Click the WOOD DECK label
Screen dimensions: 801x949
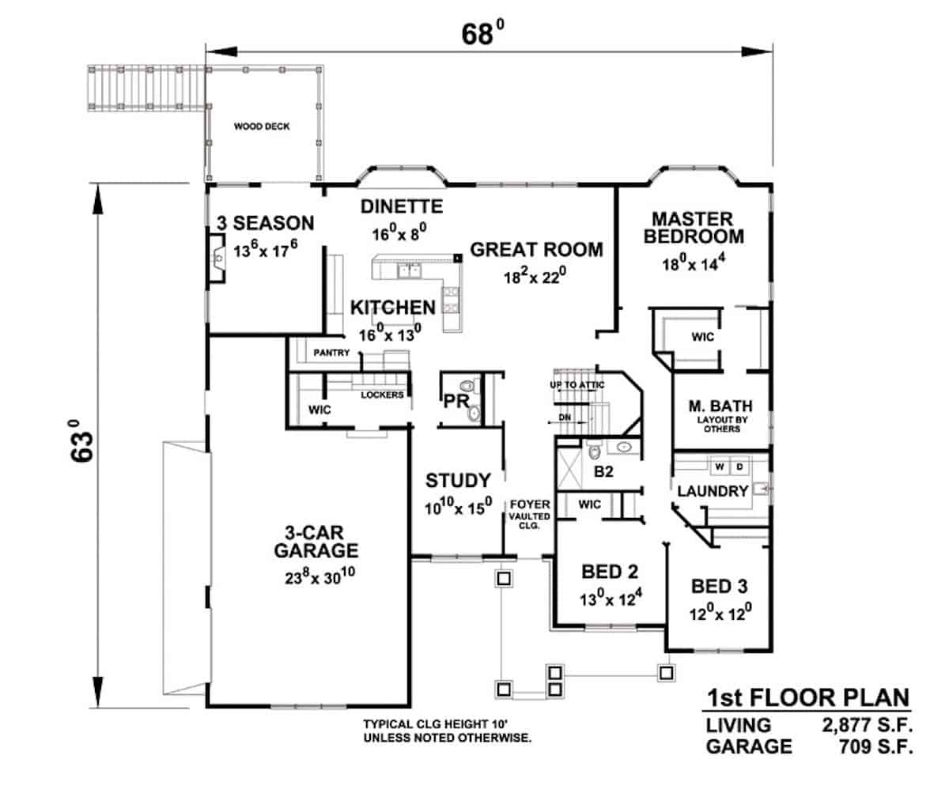click(x=261, y=127)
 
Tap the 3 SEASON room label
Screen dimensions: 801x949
click(x=265, y=224)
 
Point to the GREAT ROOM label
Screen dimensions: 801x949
click(x=536, y=250)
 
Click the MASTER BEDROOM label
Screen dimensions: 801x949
click(x=694, y=227)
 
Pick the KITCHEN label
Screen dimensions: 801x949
click(x=393, y=308)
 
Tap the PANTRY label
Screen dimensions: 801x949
click(x=331, y=353)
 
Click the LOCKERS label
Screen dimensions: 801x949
click(x=383, y=395)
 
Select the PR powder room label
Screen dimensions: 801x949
click(x=456, y=402)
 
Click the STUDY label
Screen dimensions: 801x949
click(x=459, y=481)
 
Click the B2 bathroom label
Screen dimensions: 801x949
click(x=604, y=473)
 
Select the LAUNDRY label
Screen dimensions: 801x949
click(x=713, y=491)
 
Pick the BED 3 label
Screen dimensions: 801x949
click(x=720, y=587)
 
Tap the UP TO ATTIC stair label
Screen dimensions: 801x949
click(x=577, y=384)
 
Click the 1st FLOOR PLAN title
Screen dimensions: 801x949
click(x=807, y=698)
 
